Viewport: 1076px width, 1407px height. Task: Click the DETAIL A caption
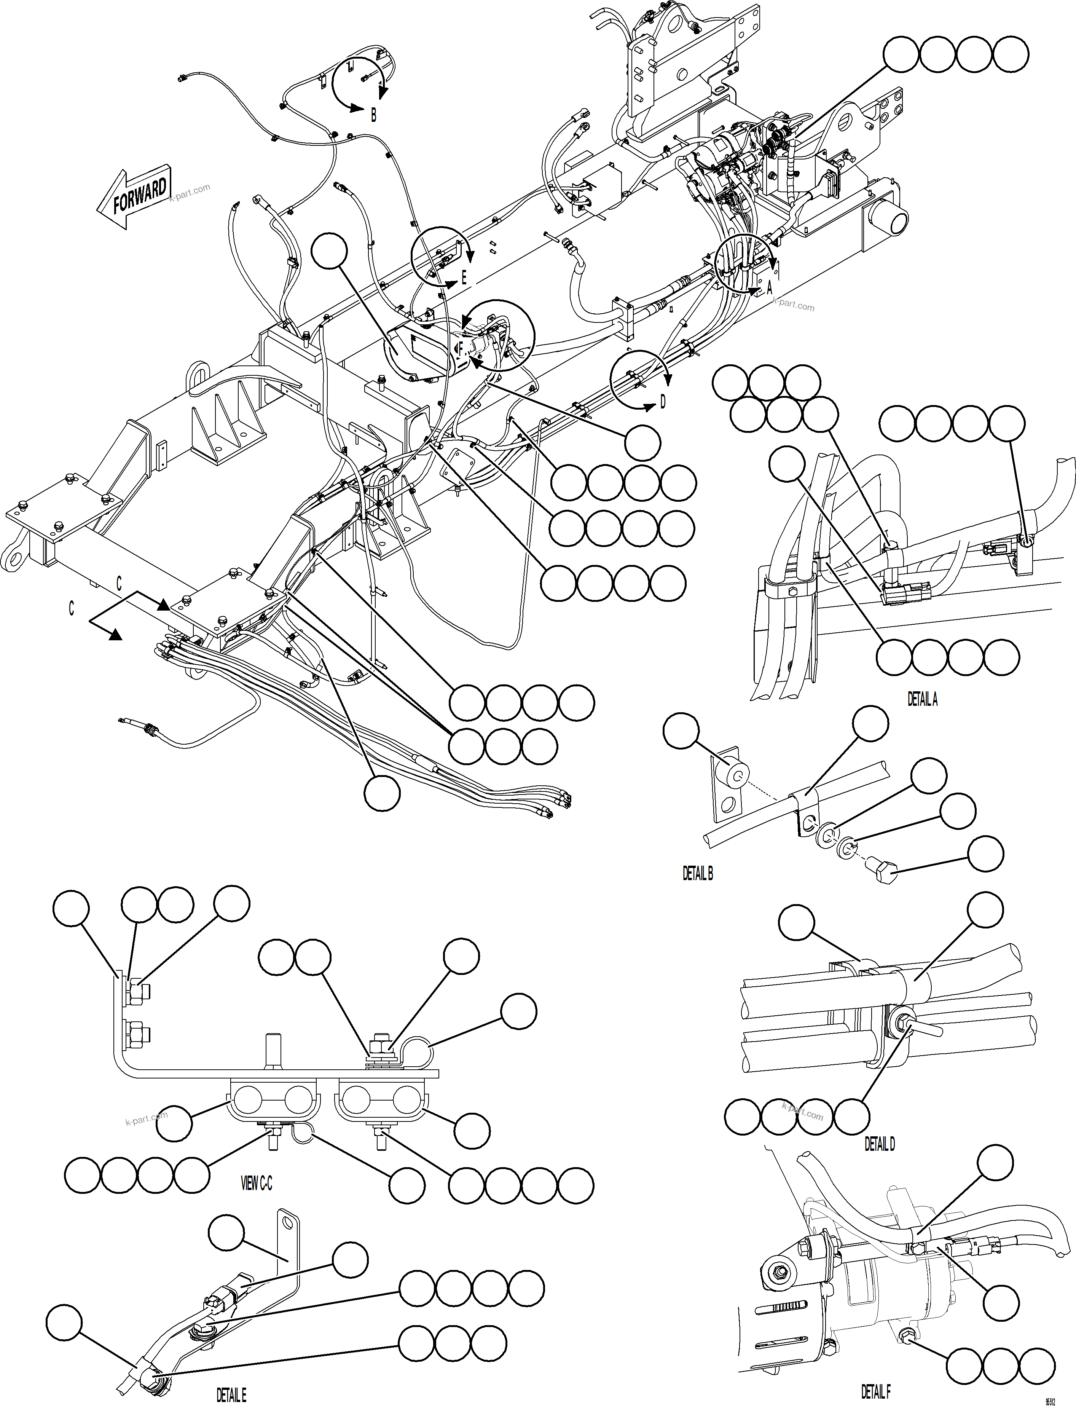pyautogui.click(x=922, y=699)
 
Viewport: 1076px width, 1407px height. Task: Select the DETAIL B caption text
pyautogui.click(x=698, y=874)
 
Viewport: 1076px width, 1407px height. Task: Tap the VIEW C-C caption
pyautogui.click(x=256, y=1184)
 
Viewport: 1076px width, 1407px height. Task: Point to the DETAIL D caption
pyautogui.click(x=879, y=1144)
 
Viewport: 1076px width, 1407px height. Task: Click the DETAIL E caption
pyautogui.click(x=231, y=1396)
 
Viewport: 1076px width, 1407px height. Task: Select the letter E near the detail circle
pyautogui.click(x=464, y=279)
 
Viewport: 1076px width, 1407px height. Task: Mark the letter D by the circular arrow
pyautogui.click(x=663, y=402)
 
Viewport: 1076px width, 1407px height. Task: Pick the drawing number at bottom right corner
pyautogui.click(x=1050, y=1399)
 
